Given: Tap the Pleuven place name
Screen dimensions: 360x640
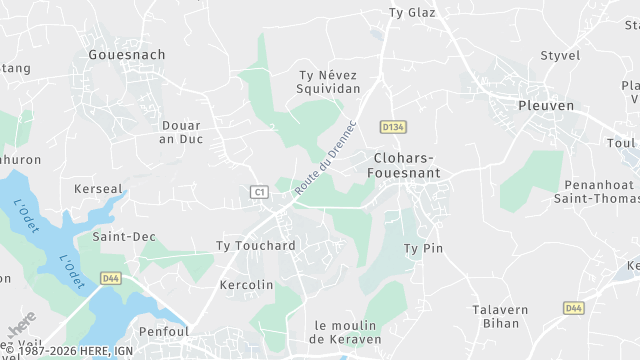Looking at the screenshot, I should pyautogui.click(x=546, y=104).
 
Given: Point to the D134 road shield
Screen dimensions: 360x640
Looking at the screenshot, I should pyautogui.click(x=393, y=127).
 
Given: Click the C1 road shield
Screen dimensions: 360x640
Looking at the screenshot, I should pyautogui.click(x=260, y=191).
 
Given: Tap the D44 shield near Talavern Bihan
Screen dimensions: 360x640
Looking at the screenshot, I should pyautogui.click(x=573, y=308).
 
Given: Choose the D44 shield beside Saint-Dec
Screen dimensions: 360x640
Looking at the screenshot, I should pyautogui.click(x=110, y=279).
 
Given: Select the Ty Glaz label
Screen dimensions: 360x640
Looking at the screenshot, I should pyautogui.click(x=412, y=13).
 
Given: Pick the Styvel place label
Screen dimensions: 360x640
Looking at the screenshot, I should pyautogui.click(x=559, y=55).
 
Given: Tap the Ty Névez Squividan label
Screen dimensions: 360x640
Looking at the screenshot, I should pyautogui.click(x=330, y=81).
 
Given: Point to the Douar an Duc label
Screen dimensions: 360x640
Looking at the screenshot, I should pyautogui.click(x=182, y=132).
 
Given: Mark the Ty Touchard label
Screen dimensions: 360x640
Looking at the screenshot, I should pyautogui.click(x=256, y=246).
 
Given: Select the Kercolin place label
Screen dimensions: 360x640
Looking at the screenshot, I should pyautogui.click(x=246, y=285).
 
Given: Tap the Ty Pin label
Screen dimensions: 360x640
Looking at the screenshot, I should pyautogui.click(x=422, y=248).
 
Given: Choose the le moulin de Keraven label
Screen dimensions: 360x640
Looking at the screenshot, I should pyautogui.click(x=347, y=332).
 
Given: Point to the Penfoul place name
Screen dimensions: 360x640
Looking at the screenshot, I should pyautogui.click(x=164, y=331).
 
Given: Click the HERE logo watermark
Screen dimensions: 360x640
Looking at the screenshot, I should pyautogui.click(x=21, y=326).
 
